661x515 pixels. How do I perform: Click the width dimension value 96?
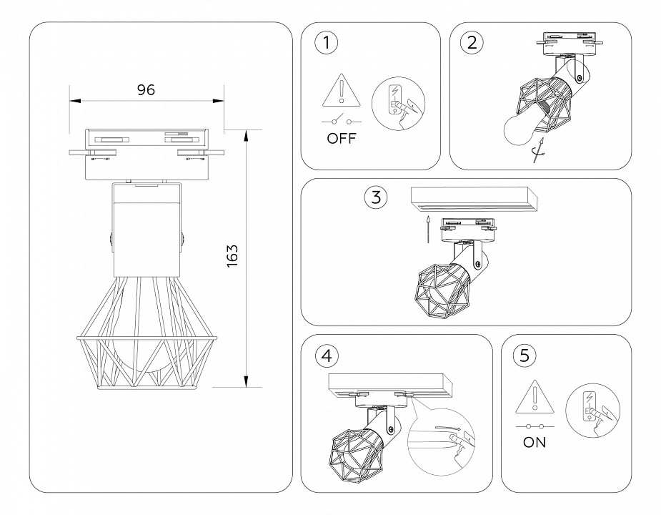pos(146,89)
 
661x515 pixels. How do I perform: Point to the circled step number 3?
pos(376,197)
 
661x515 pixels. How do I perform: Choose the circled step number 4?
pos(327,354)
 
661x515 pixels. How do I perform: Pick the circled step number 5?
pos(525,355)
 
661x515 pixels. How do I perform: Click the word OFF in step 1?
pos(342,139)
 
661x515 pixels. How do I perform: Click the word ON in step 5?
pos(535,442)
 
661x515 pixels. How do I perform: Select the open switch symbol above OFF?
pos(342,118)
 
